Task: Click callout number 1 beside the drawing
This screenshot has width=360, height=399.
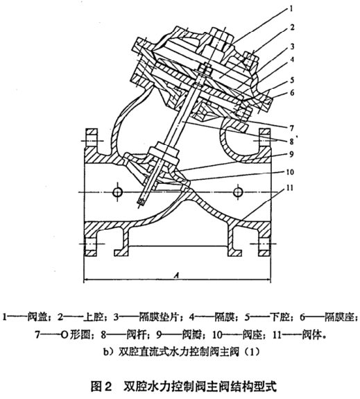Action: tap(291, 9)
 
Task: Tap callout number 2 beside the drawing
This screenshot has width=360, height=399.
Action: tap(292, 27)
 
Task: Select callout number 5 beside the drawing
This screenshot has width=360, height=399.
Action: tap(292, 80)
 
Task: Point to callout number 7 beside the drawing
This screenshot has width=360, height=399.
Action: tap(292, 128)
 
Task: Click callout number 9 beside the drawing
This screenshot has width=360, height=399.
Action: tap(291, 154)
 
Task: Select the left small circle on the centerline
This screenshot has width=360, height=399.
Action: tap(117, 192)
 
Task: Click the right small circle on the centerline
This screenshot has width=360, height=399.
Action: tap(238, 192)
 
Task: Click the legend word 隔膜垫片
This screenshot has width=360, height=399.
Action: tap(160, 317)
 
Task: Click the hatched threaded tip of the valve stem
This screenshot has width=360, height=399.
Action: tap(142, 202)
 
